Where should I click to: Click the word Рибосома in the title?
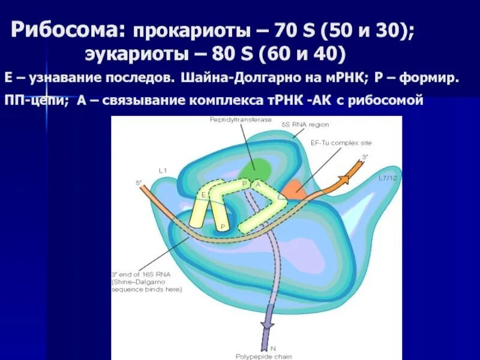[x=68, y=29]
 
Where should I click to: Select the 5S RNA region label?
[x=305, y=124]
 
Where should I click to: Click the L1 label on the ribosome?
[x=163, y=171]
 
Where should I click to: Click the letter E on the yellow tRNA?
[x=203, y=194]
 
